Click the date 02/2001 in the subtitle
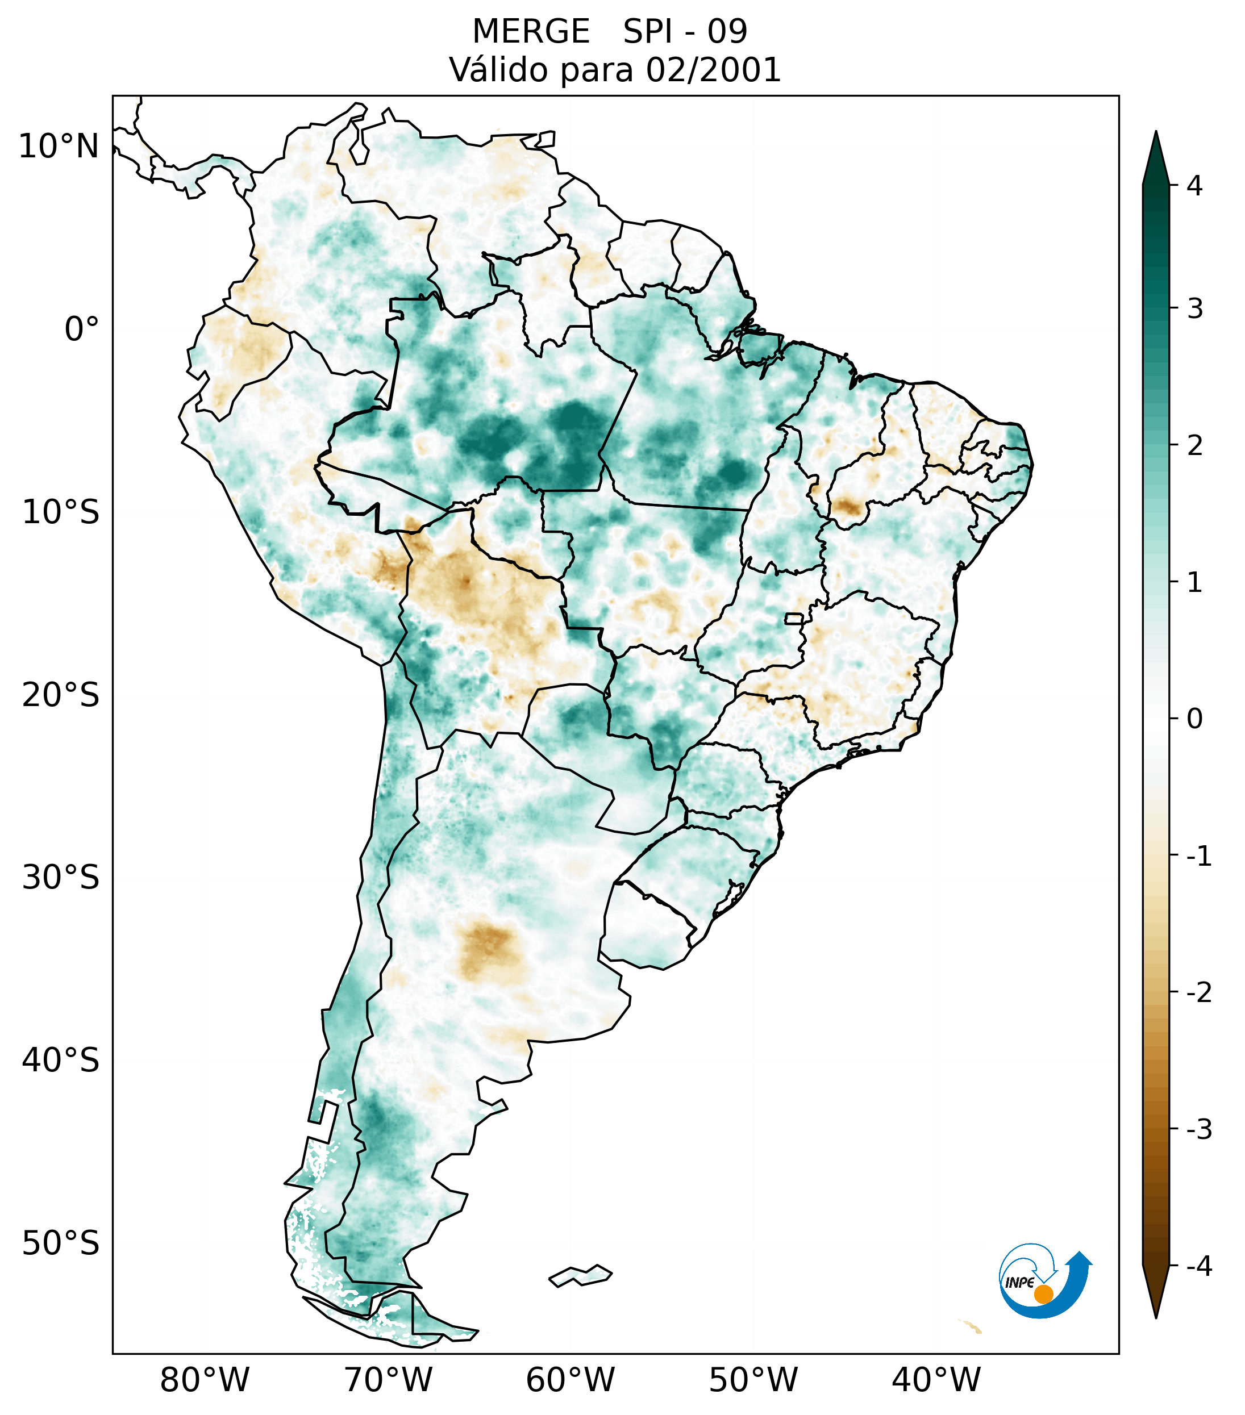(713, 70)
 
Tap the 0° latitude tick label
(82, 329)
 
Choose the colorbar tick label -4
(1198, 1267)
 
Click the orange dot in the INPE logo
(1043, 1294)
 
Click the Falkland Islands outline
(580, 1275)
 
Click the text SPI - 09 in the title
(685, 32)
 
